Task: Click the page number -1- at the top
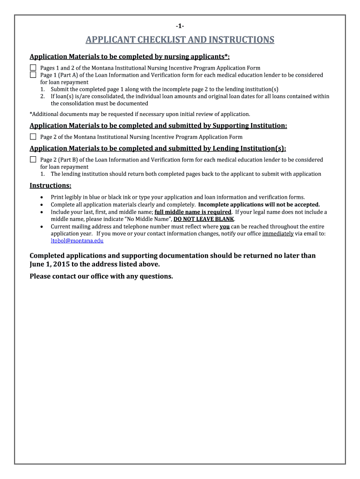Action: pyautogui.click(x=180, y=26)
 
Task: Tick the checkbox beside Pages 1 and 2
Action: pyautogui.click(x=33, y=68)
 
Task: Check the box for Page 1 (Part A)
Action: pyautogui.click(x=33, y=75)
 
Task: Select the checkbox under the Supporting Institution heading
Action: pyautogui.click(x=33, y=137)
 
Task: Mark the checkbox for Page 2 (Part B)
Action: pyautogui.click(x=33, y=160)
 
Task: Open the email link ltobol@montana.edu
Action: pyautogui.click(x=77, y=240)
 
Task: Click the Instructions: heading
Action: pyautogui.click(x=50, y=186)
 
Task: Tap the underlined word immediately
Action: pyautogui.click(x=278, y=233)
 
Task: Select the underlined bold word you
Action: pyautogui.click(x=224, y=226)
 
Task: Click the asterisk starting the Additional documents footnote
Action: pyautogui.click(x=31, y=114)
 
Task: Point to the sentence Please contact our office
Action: pyautogui.click(x=101, y=276)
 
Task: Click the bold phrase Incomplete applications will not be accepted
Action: pyautogui.click(x=259, y=204)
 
